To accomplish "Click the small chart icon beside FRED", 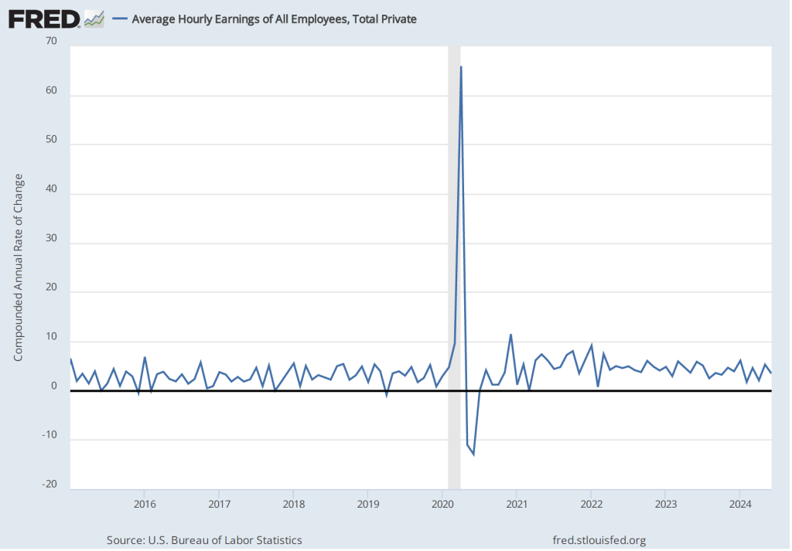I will click(94, 19).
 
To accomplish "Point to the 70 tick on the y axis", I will click(51, 41).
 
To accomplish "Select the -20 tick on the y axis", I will click(49, 485).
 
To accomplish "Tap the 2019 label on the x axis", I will click(367, 505).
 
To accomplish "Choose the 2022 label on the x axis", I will click(591, 505).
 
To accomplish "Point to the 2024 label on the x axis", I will click(740, 505).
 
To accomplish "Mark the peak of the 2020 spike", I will click(461, 67).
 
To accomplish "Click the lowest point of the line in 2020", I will click(473, 454).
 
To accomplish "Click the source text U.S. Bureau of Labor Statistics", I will click(204, 540).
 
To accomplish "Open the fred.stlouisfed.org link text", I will click(599, 540).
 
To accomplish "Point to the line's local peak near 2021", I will click(510, 335).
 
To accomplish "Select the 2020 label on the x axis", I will click(442, 505).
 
